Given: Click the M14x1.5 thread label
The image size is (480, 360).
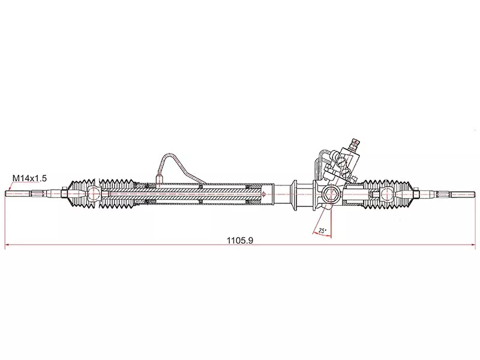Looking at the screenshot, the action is pyautogui.click(x=29, y=178).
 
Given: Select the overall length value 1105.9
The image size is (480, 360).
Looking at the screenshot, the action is pyautogui.click(x=239, y=241).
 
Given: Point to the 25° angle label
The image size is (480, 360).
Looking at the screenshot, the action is pyautogui.click(x=322, y=230).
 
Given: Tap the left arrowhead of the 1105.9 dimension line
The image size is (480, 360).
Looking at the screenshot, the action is pyautogui.click(x=7, y=245).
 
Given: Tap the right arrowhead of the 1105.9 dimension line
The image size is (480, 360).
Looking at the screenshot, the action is pyautogui.click(x=473, y=245).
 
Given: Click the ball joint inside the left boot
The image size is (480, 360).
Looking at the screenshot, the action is pyautogui.click(x=94, y=193).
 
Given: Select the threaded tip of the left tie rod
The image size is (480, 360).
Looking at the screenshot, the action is pyautogui.click(x=17, y=193).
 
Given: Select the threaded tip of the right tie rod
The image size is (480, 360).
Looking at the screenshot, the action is pyautogui.click(x=463, y=194).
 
